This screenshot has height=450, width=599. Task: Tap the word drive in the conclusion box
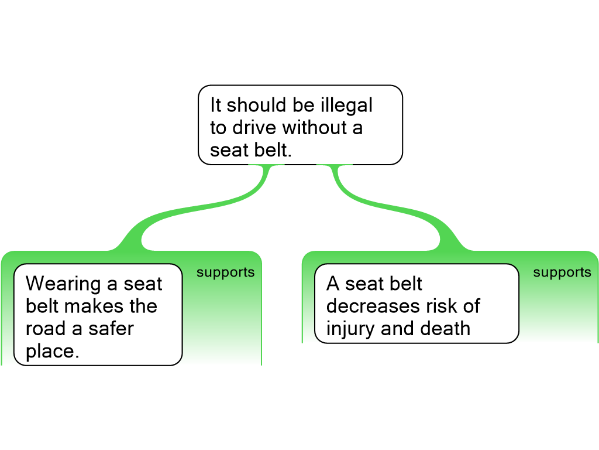[x=254, y=128]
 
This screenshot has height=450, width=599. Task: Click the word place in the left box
[x=51, y=352]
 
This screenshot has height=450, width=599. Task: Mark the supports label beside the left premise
[x=226, y=272]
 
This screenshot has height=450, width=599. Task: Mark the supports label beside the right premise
[x=562, y=272]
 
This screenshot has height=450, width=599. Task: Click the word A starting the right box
[x=333, y=284]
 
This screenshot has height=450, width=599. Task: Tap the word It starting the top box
[x=216, y=105]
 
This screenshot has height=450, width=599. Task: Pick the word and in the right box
[x=398, y=329]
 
